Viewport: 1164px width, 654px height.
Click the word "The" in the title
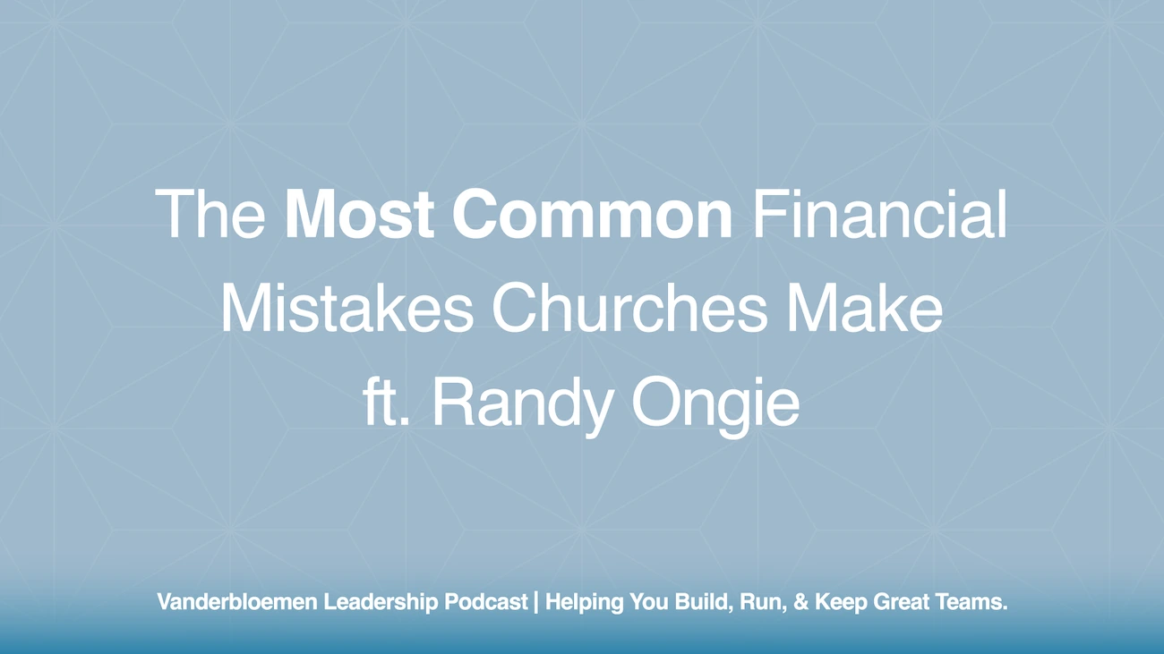210,216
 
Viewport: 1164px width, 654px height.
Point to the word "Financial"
879,216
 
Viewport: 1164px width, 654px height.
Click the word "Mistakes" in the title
347,310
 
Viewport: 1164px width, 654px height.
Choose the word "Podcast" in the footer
485,603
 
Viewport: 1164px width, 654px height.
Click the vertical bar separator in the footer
535,603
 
